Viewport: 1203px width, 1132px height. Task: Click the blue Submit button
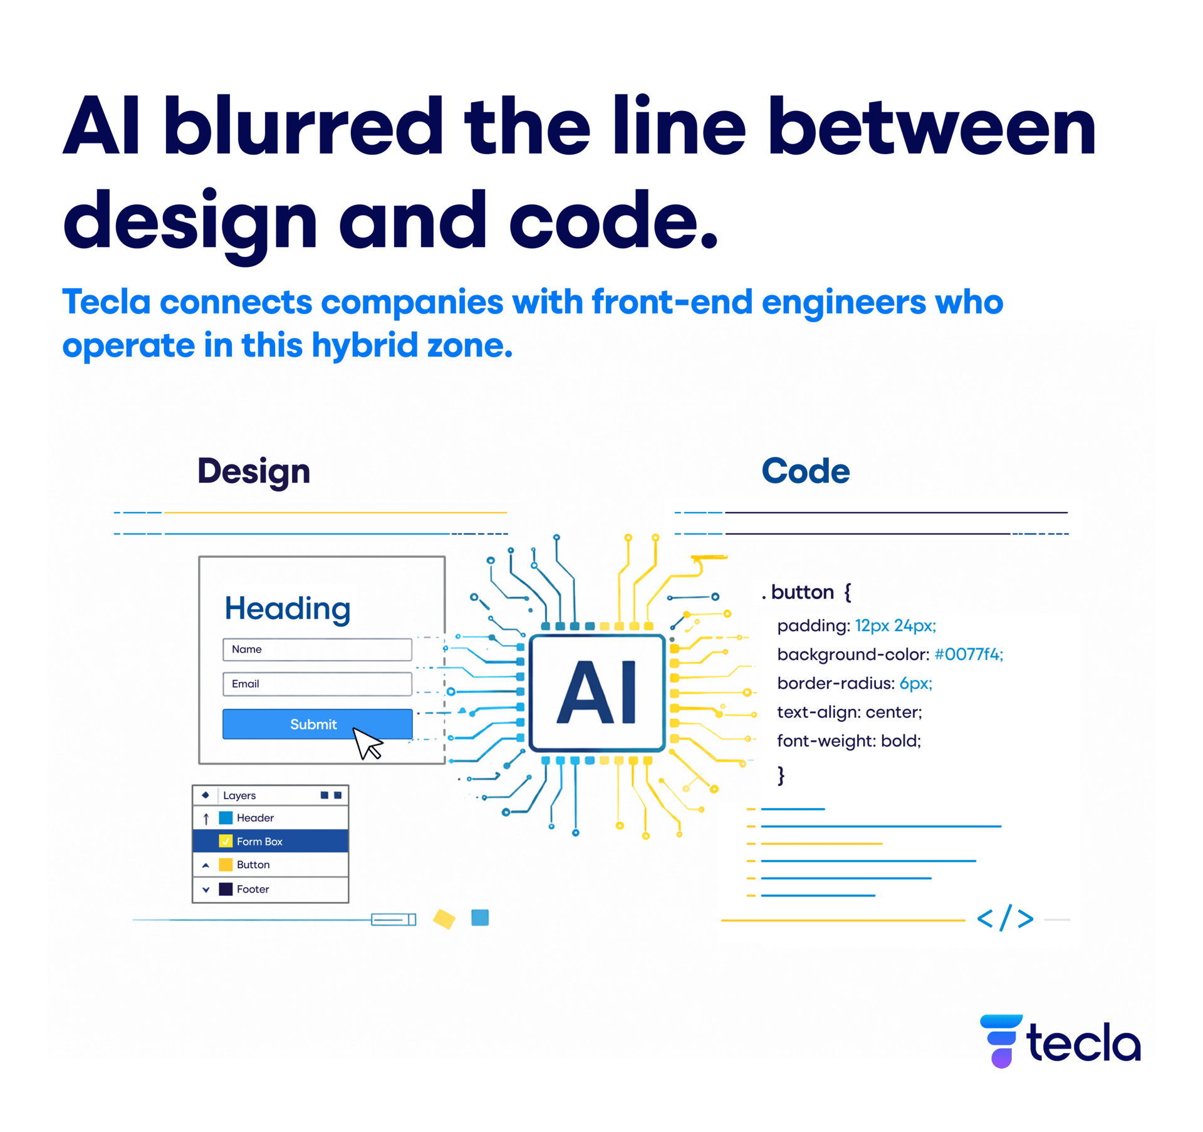tap(313, 724)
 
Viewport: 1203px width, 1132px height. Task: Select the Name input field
tap(317, 649)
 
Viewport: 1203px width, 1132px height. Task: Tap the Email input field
tap(317, 684)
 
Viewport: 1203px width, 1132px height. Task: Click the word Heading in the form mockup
tap(287, 608)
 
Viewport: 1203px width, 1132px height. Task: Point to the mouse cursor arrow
tap(367, 743)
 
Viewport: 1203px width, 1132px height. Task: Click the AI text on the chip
tap(596, 693)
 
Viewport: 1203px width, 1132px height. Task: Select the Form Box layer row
tap(270, 841)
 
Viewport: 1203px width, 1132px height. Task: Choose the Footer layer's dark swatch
tap(226, 889)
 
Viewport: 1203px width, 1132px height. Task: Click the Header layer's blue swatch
tap(226, 817)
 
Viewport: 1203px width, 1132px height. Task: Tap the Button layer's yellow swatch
tap(226, 864)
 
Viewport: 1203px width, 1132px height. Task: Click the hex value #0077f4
tap(968, 654)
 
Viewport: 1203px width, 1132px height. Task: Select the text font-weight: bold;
tap(848, 741)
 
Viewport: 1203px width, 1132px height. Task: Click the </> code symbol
tap(1004, 919)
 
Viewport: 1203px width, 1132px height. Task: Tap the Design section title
tap(254, 471)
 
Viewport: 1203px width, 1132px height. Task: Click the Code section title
tap(805, 471)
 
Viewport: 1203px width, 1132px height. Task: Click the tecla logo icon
tap(1001, 1040)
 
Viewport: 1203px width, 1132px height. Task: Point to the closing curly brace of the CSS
tap(781, 775)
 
